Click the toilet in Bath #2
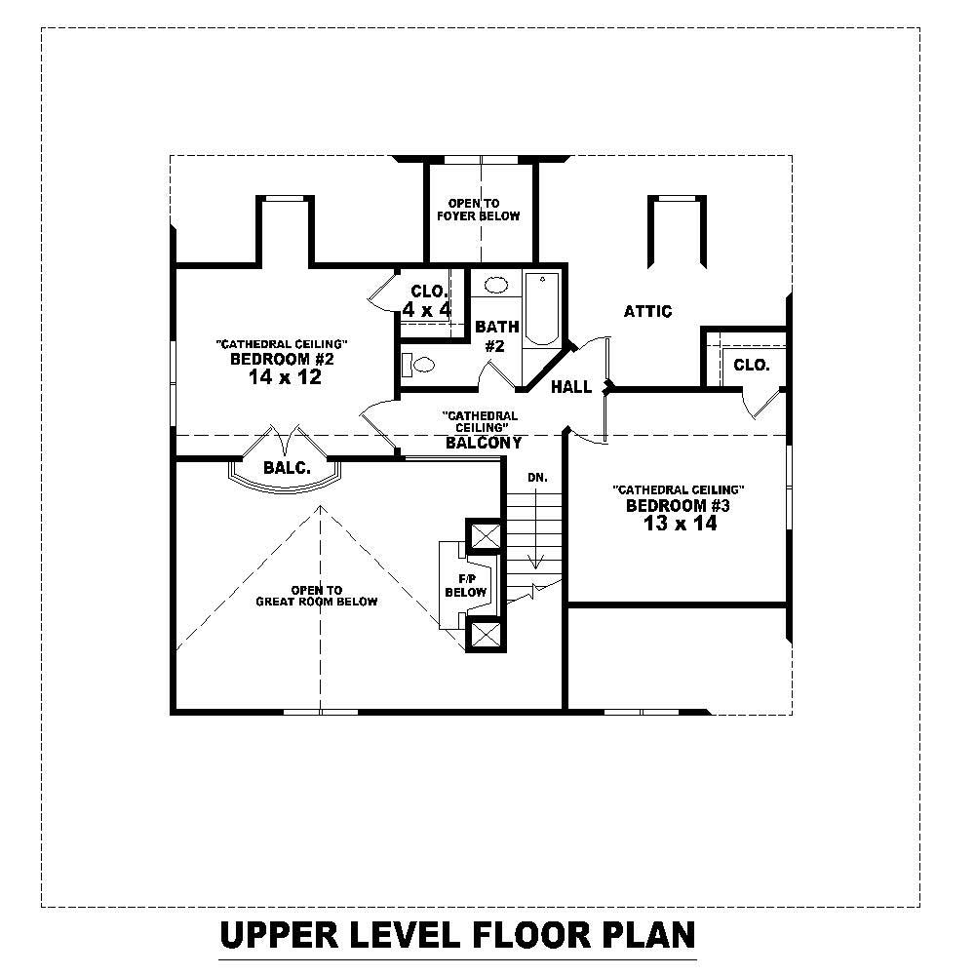click(x=419, y=366)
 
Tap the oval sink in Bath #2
click(x=496, y=286)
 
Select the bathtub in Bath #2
click(x=539, y=309)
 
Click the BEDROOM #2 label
click(x=282, y=360)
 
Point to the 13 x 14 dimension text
click(x=680, y=524)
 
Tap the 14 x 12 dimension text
click(x=285, y=378)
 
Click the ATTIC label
click(x=648, y=312)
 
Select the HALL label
click(x=571, y=387)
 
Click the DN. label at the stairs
click(x=537, y=478)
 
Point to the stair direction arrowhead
click(x=534, y=563)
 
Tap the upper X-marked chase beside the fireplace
click(x=485, y=535)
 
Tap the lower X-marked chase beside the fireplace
click(x=485, y=635)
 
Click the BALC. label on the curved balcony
click(x=287, y=468)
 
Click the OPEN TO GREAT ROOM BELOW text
click(x=317, y=596)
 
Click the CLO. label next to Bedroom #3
click(x=752, y=366)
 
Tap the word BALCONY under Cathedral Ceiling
click(x=484, y=443)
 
